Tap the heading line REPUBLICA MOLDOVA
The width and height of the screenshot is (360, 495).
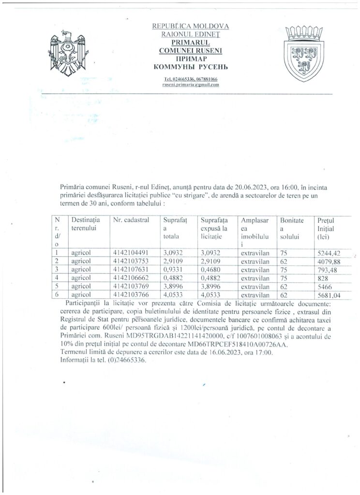pyautogui.click(x=190, y=26)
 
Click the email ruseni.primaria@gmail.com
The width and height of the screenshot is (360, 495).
pyautogui.click(x=190, y=85)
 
